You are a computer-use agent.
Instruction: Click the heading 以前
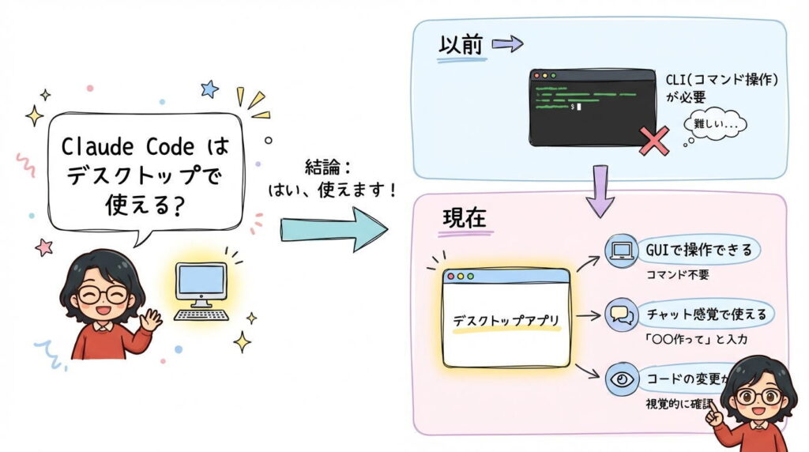tap(459, 45)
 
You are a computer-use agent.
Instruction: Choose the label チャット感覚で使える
tap(706, 315)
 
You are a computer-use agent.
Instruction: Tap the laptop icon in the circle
tap(621, 251)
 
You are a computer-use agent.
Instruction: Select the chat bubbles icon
tap(620, 315)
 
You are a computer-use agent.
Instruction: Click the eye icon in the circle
tap(620, 379)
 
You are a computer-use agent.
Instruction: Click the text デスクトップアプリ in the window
tap(506, 321)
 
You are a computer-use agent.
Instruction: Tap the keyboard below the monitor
tap(201, 315)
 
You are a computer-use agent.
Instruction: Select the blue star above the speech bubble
tap(209, 89)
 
